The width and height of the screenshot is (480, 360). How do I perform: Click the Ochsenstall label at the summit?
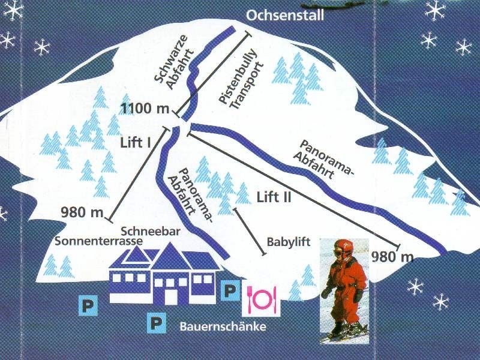285,15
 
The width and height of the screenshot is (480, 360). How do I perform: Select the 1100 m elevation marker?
146,109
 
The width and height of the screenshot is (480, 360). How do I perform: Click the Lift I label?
136,143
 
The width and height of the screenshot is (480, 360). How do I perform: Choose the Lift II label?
273,196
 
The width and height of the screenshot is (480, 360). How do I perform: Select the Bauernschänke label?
223,327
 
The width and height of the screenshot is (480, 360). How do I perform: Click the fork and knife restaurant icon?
261,298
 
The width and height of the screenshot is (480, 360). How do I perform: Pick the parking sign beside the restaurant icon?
230,291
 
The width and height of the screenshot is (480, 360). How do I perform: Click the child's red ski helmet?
343,247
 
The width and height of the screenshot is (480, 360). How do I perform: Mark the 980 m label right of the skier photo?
393,257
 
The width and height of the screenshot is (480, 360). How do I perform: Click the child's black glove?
358,295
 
